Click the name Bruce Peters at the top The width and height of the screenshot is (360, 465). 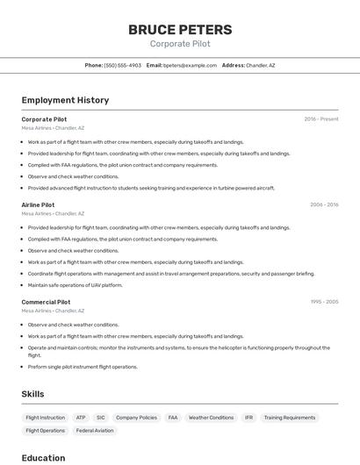click(x=180, y=29)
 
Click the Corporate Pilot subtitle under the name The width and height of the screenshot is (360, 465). click(x=180, y=44)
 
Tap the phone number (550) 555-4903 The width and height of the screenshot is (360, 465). click(x=122, y=66)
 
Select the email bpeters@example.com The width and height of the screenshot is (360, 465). click(x=190, y=66)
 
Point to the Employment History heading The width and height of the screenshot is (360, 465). click(x=65, y=100)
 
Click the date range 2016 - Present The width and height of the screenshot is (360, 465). click(x=321, y=119)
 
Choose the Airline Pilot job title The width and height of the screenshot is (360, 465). click(x=38, y=204)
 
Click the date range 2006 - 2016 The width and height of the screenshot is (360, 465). click(x=324, y=204)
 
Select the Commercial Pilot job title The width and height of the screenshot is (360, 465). click(x=46, y=302)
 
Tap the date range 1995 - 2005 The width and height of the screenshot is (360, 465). click(x=324, y=302)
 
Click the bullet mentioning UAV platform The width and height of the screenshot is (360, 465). click(x=76, y=285)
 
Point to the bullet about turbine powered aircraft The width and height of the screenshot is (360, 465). click(x=151, y=188)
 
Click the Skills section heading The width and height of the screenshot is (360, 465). click(x=32, y=394)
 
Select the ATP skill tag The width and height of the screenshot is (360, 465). click(x=81, y=418)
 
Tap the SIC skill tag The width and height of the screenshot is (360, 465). click(x=101, y=418)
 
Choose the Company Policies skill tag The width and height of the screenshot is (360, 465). click(x=136, y=418)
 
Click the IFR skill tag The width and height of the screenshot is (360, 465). click(x=248, y=418)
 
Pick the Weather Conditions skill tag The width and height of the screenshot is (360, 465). click(x=211, y=418)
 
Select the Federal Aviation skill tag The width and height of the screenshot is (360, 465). click(x=95, y=431)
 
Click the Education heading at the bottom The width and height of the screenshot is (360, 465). click(x=43, y=458)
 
